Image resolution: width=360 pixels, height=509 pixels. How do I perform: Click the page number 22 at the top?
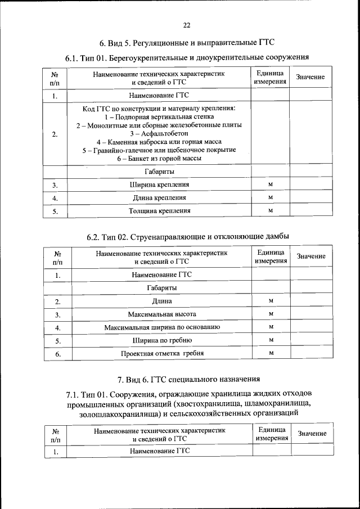coord(187,25)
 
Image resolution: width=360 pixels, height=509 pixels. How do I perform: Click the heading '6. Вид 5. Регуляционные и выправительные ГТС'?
coord(186,43)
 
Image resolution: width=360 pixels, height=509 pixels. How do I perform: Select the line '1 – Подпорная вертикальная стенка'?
coord(159,116)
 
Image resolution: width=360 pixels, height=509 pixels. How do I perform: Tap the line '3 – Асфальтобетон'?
coord(159,133)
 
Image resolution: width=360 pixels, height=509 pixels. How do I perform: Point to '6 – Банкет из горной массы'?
coord(159,159)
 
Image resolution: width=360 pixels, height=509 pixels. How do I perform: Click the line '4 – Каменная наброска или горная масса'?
coord(159,142)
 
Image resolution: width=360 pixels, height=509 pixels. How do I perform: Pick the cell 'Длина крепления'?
coord(159,198)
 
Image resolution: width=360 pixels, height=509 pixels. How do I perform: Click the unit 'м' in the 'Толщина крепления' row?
coord(271,211)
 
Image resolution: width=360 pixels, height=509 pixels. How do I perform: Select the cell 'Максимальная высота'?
coord(161,313)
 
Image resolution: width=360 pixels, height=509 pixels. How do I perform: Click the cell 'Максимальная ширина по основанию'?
coord(161,327)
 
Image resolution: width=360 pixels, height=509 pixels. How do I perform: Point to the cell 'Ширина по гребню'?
coord(162,340)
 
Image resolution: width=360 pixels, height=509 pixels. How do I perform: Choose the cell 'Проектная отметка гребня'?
coord(162,353)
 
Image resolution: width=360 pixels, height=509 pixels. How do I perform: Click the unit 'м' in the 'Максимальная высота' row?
coord(271,313)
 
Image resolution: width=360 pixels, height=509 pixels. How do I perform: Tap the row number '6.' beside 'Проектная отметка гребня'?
coord(57,354)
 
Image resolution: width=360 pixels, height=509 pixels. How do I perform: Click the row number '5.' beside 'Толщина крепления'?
coord(55,211)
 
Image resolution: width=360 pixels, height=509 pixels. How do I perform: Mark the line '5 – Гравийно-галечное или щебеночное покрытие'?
coord(159,150)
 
